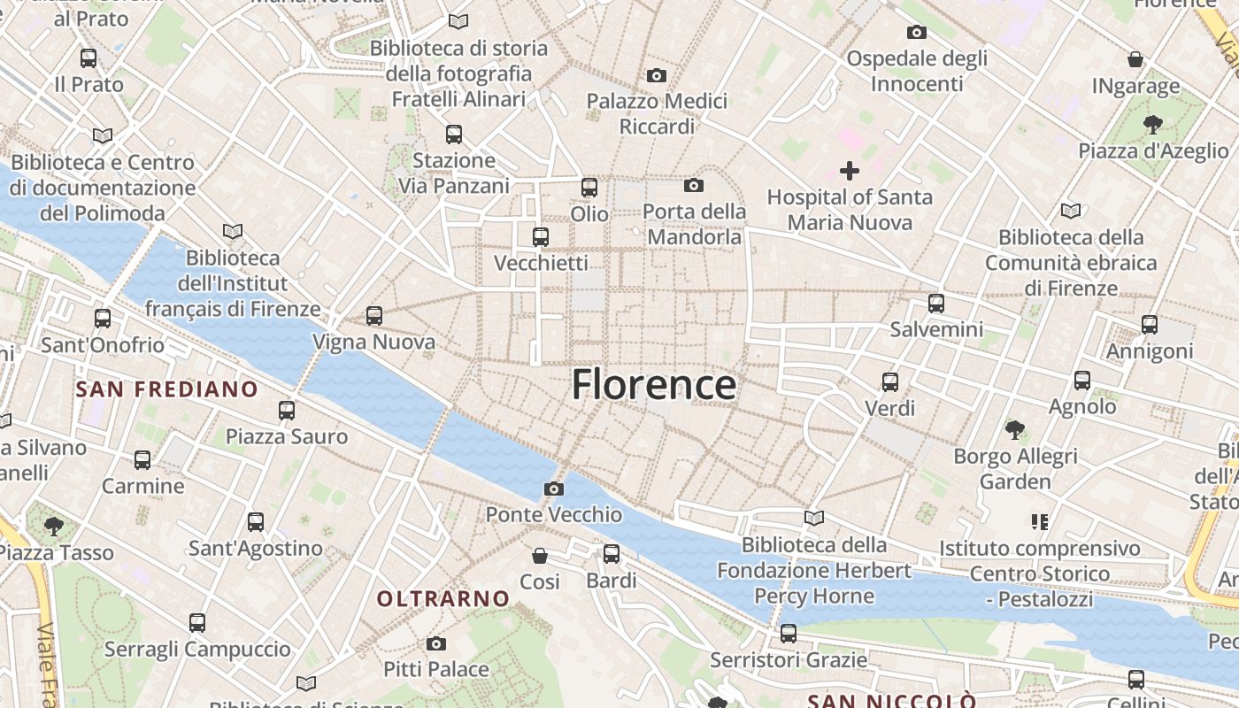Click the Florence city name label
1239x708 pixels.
pyautogui.click(x=653, y=385)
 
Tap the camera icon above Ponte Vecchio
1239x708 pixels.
pyautogui.click(x=554, y=489)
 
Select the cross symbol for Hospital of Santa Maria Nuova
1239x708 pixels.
pyautogui.click(x=850, y=170)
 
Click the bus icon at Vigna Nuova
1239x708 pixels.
pyautogui.click(x=374, y=315)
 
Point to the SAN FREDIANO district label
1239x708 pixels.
pyautogui.click(x=166, y=389)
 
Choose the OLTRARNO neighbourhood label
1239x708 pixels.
pyautogui.click(x=443, y=599)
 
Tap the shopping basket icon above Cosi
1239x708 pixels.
pyautogui.click(x=540, y=556)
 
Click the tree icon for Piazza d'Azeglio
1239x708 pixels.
pyautogui.click(x=1152, y=124)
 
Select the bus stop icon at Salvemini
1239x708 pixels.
pyautogui.click(x=936, y=304)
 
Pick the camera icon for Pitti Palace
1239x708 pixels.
pyautogui.click(x=435, y=643)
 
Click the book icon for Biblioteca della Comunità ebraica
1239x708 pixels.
pyautogui.click(x=1071, y=211)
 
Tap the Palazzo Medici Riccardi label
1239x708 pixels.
pyautogui.click(x=657, y=114)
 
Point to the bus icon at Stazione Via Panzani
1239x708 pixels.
pyautogui.click(x=454, y=135)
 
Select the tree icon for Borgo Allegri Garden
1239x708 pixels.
pyautogui.click(x=1015, y=430)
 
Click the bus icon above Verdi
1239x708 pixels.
pyautogui.click(x=890, y=382)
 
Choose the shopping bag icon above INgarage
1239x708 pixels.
pyautogui.click(x=1135, y=59)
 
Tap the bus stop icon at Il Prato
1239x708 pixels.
pyautogui.click(x=88, y=58)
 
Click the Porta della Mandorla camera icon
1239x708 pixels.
pyautogui.click(x=694, y=185)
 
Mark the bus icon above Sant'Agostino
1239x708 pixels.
pyautogui.click(x=256, y=522)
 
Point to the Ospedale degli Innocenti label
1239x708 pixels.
pyautogui.click(x=916, y=71)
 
